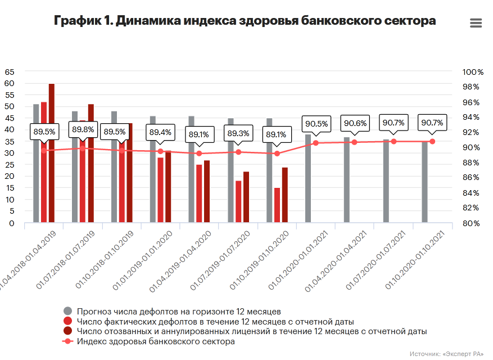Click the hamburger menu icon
[x=476, y=23]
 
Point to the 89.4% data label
[x=160, y=133]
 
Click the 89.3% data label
[x=238, y=133]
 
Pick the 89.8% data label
[x=83, y=129]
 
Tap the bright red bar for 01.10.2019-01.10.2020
[x=277, y=205]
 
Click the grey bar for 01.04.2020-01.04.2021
[x=347, y=180]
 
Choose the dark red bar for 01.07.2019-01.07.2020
[x=246, y=197]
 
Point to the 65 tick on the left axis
[x=9, y=72]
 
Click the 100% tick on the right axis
[x=473, y=72]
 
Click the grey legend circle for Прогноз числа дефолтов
[x=68, y=311]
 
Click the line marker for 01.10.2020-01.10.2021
[x=432, y=141]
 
